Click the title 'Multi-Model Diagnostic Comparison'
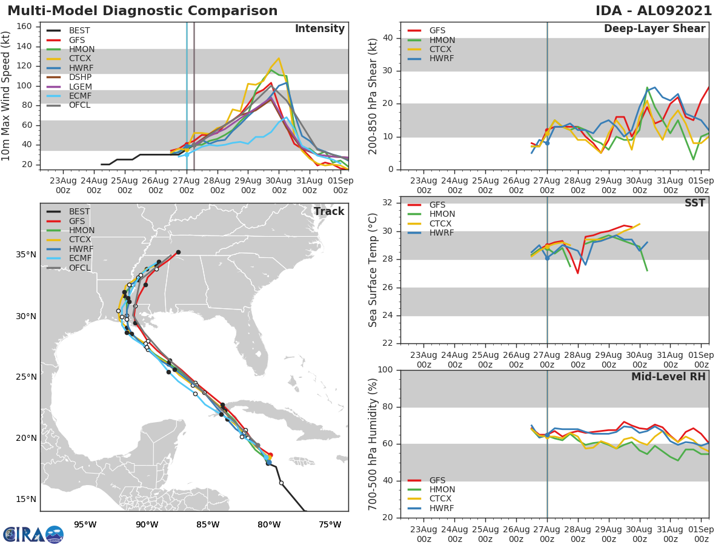(142, 11)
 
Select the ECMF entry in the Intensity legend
(81, 96)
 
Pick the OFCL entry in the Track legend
(79, 268)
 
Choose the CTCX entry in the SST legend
(442, 223)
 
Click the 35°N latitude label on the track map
(26, 254)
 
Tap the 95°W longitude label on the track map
(85, 524)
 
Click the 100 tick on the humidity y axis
(386, 370)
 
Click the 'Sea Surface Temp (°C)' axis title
(373, 269)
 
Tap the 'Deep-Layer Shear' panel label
(654, 29)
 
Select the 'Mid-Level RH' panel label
(668, 377)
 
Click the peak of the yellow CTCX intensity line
(278, 59)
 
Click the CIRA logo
(33, 535)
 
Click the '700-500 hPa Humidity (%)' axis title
(373, 443)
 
